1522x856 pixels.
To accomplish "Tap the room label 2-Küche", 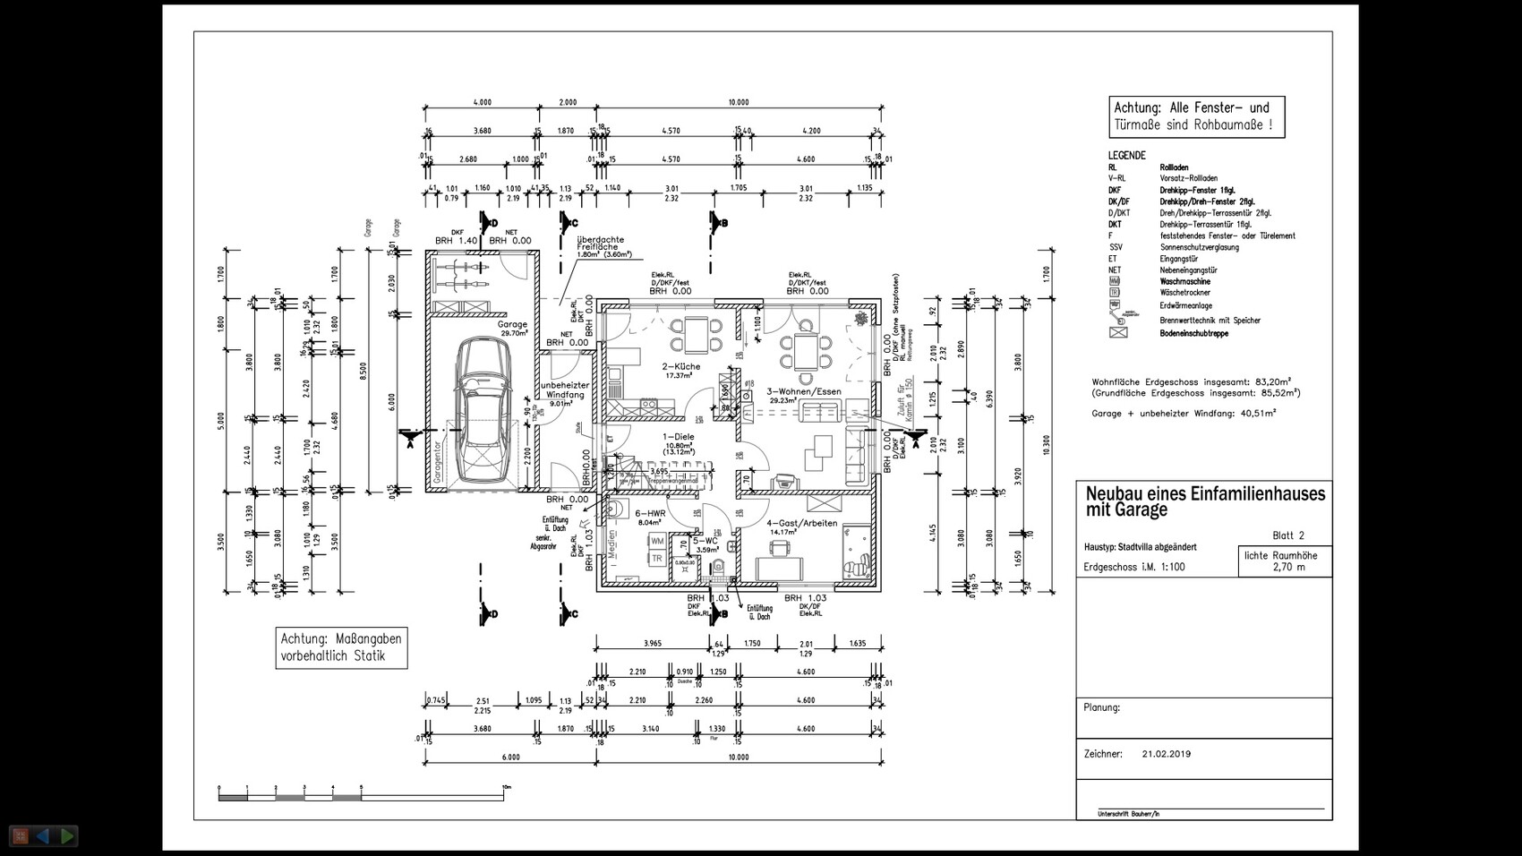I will [681, 367].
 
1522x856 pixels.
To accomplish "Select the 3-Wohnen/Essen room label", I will [803, 391].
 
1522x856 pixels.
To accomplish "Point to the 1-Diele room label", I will [678, 437].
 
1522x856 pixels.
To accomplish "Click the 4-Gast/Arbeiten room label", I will [801, 523].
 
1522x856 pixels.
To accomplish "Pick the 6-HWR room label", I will [649, 514].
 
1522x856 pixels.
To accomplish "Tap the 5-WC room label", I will [705, 541].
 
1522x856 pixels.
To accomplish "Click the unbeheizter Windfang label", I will [564, 389].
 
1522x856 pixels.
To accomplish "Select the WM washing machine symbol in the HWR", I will [657, 542].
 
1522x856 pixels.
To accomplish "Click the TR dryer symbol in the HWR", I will [657, 559].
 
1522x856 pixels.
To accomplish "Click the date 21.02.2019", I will [1166, 754].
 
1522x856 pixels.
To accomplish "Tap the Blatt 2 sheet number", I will [1287, 535].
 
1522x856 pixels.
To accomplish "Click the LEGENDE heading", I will [1126, 155].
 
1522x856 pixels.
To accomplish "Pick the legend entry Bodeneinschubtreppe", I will [1193, 333].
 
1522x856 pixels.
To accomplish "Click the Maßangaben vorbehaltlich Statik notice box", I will [341, 647].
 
